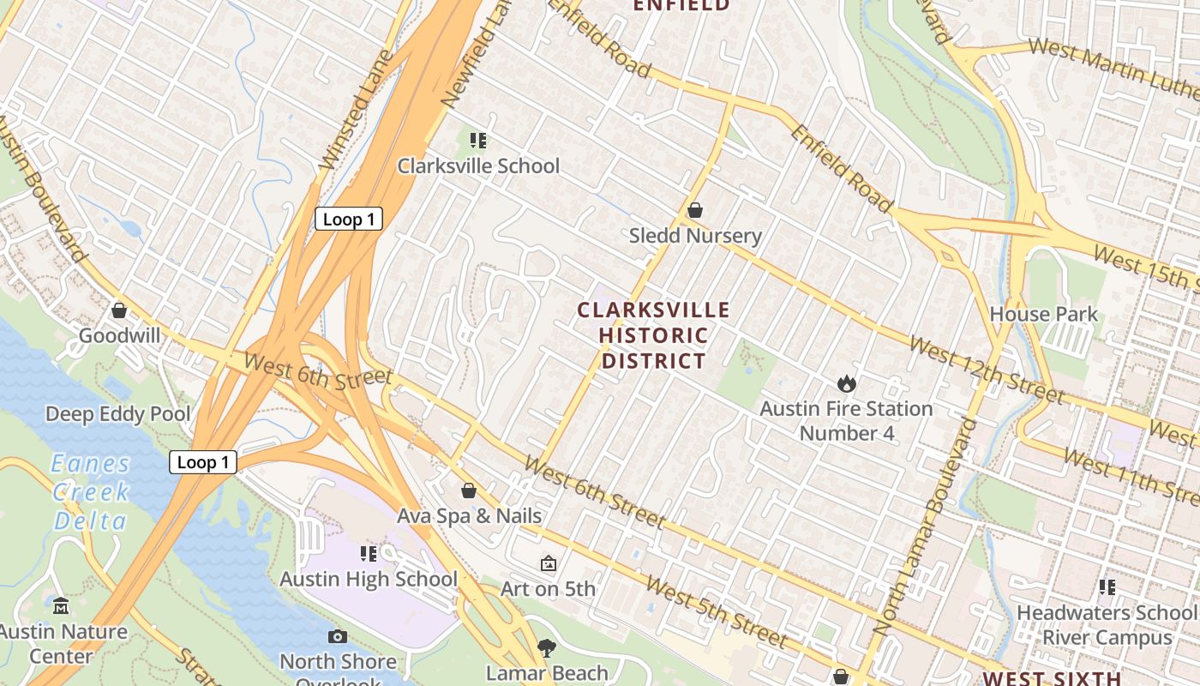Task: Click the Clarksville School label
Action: [x=478, y=165]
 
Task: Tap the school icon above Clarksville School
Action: [x=477, y=140]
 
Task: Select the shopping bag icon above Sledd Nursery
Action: [x=695, y=210]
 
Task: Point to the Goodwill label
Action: [x=119, y=335]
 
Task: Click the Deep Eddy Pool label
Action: [x=118, y=414]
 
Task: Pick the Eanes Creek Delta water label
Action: [x=90, y=492]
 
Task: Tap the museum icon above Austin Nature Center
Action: [x=60, y=606]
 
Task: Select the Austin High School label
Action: [x=369, y=579]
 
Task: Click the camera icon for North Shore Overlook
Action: [x=338, y=636]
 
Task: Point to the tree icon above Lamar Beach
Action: [x=546, y=647]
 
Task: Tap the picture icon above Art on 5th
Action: [x=548, y=563]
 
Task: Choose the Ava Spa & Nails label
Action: [x=469, y=515]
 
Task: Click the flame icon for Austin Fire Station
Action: [x=847, y=383]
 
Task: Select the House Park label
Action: [x=1043, y=314]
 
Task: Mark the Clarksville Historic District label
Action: [x=653, y=335]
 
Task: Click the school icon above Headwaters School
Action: [x=1107, y=587]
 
